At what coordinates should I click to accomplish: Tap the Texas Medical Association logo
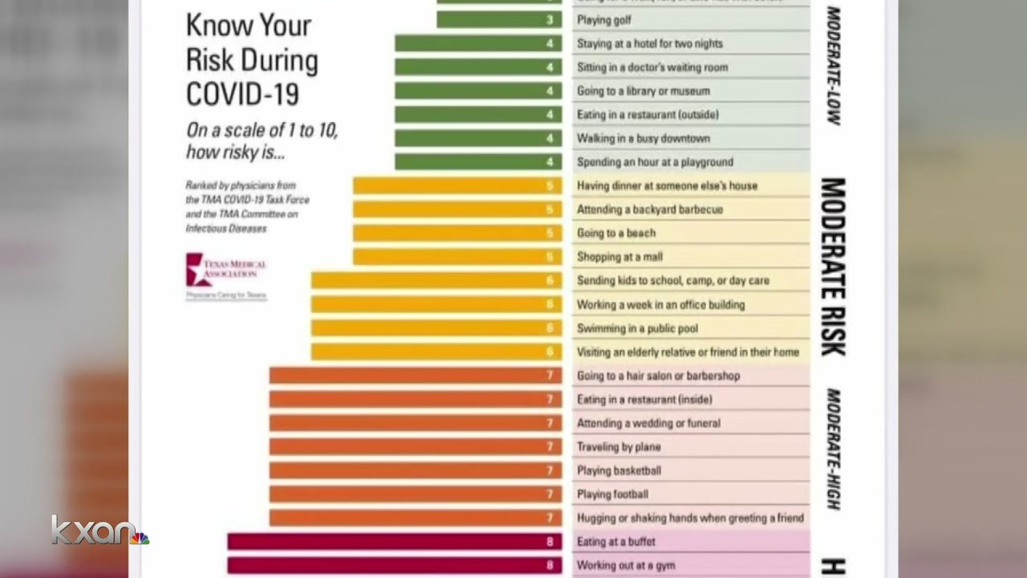click(225, 270)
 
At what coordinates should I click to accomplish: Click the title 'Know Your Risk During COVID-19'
click(251, 59)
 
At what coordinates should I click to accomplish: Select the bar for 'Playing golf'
click(499, 20)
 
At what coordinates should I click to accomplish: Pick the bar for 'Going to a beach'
click(457, 233)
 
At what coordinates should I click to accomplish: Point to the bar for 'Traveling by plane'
click(416, 446)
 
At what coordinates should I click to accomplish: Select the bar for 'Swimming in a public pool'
click(436, 328)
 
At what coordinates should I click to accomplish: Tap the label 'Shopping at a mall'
click(619, 257)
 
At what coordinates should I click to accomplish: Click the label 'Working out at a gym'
click(626, 565)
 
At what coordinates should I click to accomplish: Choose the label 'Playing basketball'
click(619, 470)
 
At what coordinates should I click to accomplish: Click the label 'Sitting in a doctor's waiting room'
click(652, 67)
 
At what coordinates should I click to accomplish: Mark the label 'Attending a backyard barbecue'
click(650, 210)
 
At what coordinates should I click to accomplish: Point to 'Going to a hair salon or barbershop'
click(658, 376)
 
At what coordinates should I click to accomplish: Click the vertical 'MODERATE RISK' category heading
click(833, 267)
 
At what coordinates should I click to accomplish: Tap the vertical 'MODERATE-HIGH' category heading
click(833, 450)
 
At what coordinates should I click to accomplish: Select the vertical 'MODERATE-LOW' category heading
click(833, 66)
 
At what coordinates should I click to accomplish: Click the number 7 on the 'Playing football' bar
click(550, 495)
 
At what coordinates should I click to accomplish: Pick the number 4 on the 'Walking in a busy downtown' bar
click(550, 138)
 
